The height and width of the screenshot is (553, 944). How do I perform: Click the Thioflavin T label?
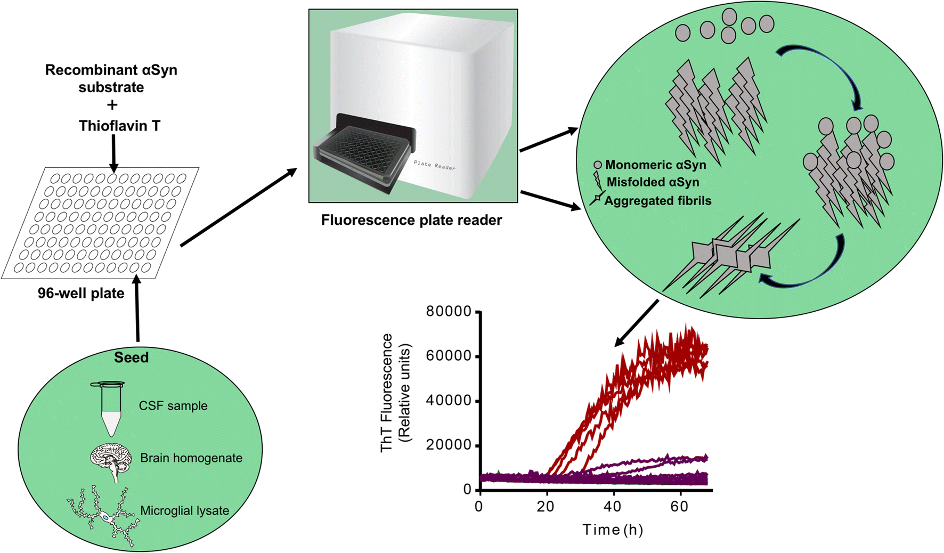119,126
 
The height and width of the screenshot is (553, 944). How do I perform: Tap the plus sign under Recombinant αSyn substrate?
112,105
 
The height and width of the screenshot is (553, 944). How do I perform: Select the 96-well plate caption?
81,294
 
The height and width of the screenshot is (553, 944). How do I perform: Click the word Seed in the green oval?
131,357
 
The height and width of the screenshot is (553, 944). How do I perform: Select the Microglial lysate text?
184,510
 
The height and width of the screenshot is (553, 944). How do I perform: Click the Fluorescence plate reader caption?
411,220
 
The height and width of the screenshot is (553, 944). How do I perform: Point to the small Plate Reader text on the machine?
434,165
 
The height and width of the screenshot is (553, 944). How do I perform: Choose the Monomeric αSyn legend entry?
655,165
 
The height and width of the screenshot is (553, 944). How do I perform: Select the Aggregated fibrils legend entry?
657,201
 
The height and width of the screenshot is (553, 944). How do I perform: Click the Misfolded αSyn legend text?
653,182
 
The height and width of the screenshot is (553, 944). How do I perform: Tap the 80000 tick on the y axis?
449,312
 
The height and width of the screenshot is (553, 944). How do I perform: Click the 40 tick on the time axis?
612,507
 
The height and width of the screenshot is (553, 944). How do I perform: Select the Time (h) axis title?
613,530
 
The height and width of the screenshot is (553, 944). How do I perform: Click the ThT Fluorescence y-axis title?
395,393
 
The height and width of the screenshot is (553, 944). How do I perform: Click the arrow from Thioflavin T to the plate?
113,153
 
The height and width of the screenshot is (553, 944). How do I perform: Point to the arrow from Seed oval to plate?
137,309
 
